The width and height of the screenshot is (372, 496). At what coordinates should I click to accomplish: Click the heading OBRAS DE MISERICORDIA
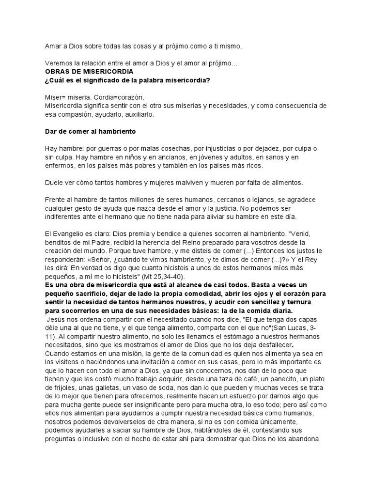(82, 71)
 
